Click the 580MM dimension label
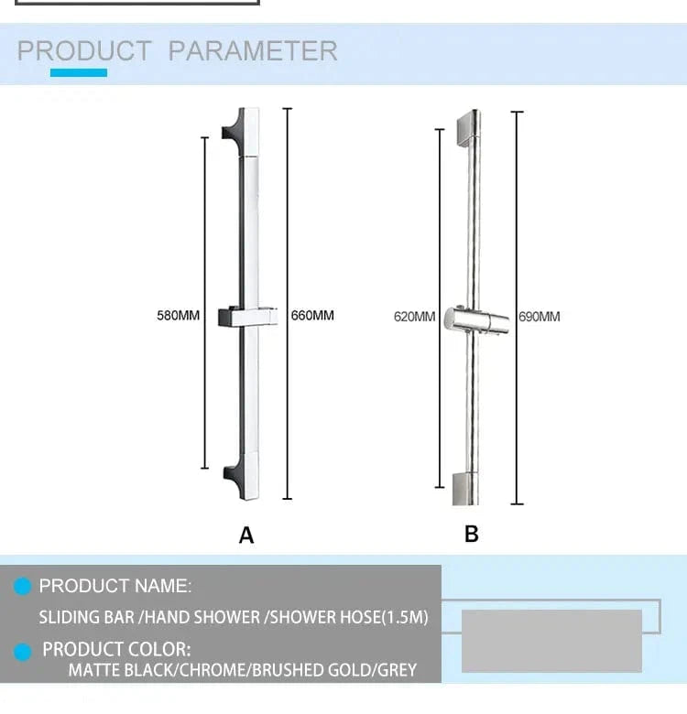pos(178,316)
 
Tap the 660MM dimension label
pos(312,316)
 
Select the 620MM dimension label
pos(415,317)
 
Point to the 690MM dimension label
pos(540,317)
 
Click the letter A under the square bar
pos(246,535)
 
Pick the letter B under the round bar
pos(472,535)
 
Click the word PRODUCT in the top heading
pos(84,50)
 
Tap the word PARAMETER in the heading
pos(253,50)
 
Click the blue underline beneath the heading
pos(79,73)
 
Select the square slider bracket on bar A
pos(248,317)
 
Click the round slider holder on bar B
pos(476,320)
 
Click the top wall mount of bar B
pos(468,129)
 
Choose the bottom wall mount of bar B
pos(465,489)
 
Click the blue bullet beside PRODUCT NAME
pos(22,587)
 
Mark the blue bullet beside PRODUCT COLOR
pos(22,652)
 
